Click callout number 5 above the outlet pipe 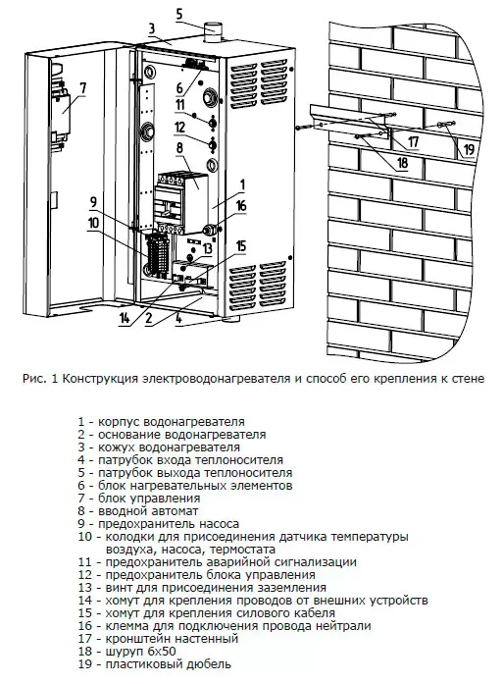pos(179,14)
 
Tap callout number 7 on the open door pos(82,87)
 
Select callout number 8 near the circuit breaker pos(179,148)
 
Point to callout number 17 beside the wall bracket pos(413,141)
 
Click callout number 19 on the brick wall pos(469,149)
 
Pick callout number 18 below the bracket pos(402,162)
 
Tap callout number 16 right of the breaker pos(241,205)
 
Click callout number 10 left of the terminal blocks pos(94,223)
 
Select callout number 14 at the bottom pos(125,318)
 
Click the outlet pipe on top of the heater pos(214,34)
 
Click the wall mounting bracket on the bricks pos(349,123)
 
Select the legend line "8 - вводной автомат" pos(138,511)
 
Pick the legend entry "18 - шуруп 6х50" pos(127,652)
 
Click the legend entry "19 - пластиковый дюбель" pos(155,664)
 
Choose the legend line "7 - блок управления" pos(139,499)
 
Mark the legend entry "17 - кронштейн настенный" pos(158,639)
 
